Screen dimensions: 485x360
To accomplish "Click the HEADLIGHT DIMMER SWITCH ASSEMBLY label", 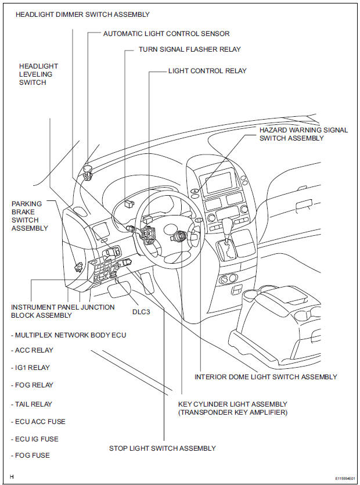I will [82, 15].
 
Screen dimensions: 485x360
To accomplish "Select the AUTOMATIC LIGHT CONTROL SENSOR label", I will [166, 34].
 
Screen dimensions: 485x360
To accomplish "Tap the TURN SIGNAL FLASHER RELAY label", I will [189, 50].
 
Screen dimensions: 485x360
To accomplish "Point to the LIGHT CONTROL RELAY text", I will [207, 71].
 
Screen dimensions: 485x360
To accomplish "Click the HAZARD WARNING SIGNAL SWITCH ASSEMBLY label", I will [303, 134].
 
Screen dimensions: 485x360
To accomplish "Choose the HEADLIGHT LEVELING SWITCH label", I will [38, 75].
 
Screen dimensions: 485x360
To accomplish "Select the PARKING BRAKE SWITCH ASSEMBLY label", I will [30, 216].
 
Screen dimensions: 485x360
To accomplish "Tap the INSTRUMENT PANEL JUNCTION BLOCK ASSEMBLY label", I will [63, 311].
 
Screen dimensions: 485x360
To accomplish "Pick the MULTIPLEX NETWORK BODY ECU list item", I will [68, 335].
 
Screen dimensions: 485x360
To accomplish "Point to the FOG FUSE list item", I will [30, 455].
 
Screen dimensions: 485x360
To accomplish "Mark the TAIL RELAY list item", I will [31, 404].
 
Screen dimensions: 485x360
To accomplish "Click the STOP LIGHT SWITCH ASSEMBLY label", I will [163, 448].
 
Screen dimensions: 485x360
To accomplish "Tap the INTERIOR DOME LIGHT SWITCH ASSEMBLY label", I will [265, 377].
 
